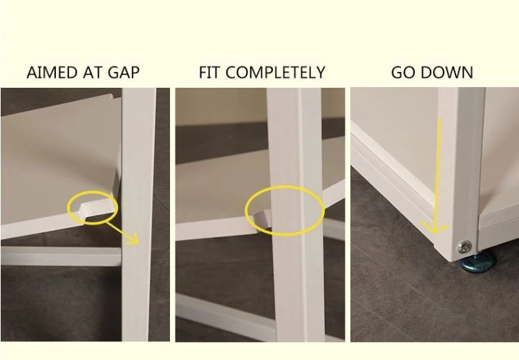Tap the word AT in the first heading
[94, 73]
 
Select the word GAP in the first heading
[124, 73]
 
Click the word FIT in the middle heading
[209, 73]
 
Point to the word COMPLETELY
[275, 73]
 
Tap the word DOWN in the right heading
[447, 73]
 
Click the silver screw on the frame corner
[464, 247]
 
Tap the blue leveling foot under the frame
[477, 263]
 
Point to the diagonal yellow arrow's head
[135, 239]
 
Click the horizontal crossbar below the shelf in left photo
[61, 256]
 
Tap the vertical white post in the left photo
[138, 214]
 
